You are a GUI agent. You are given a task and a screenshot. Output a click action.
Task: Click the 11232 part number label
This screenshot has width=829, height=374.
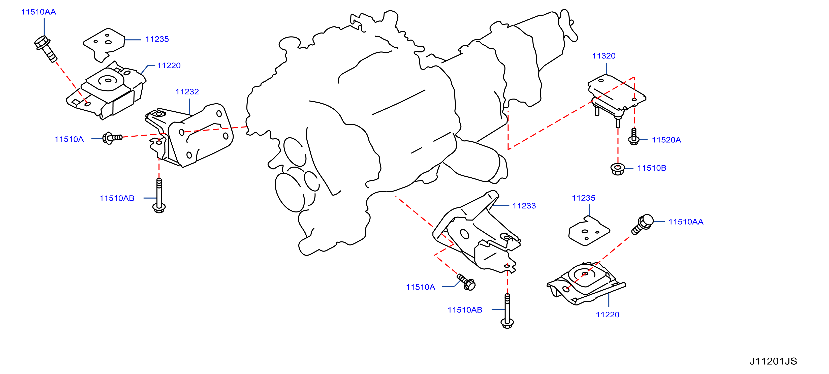(x=187, y=92)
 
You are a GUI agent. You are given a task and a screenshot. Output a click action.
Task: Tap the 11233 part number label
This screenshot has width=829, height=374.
(x=524, y=206)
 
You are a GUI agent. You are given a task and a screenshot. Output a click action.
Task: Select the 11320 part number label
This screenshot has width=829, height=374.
(x=604, y=56)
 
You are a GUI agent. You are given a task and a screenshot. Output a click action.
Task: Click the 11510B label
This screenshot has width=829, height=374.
(x=652, y=168)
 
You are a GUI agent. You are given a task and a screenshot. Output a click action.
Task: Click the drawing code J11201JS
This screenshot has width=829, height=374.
(x=773, y=361)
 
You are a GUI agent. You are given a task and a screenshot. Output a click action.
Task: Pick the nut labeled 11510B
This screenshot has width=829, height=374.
(x=618, y=169)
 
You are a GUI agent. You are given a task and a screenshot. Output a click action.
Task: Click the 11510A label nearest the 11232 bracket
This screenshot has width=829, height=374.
(x=69, y=139)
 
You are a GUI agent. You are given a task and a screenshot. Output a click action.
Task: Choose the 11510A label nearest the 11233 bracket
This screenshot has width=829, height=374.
(x=420, y=287)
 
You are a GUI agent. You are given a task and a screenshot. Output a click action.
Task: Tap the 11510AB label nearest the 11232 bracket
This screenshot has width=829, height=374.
(x=117, y=198)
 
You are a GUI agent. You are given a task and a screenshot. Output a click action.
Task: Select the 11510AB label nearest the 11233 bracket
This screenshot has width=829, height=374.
(x=465, y=310)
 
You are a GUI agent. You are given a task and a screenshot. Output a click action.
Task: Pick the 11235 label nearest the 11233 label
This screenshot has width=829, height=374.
(x=584, y=198)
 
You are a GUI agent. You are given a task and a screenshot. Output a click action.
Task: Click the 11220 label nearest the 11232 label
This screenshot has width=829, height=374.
(x=169, y=66)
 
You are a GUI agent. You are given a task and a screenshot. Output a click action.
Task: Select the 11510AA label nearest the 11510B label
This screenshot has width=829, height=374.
(x=686, y=222)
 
